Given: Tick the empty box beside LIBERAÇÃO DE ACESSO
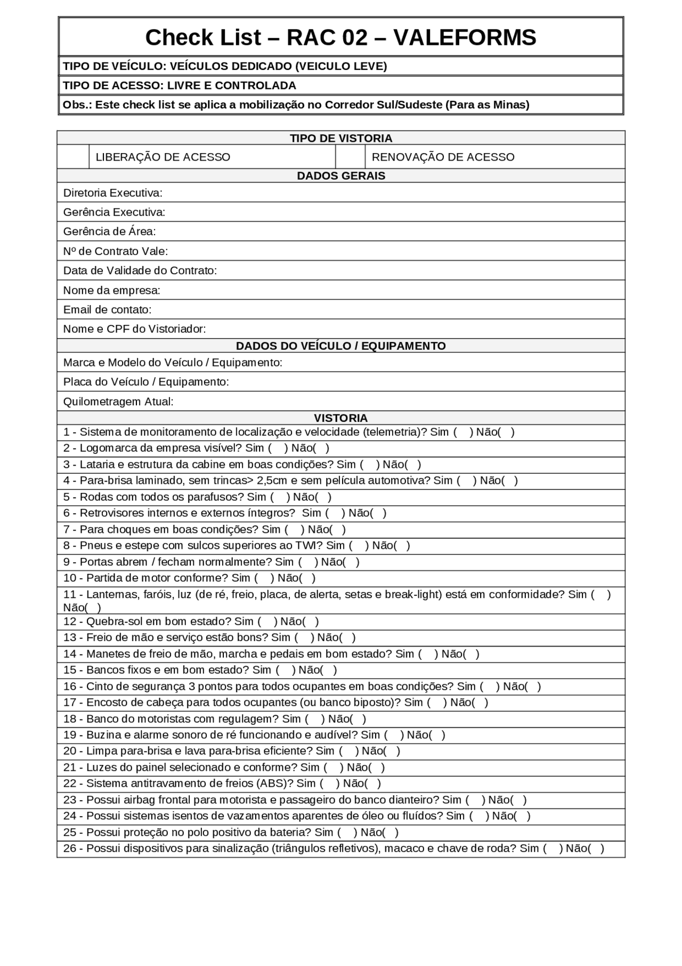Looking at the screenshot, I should pyautogui.click(x=73, y=157).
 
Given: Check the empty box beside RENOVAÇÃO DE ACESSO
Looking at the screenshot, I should pyautogui.click(x=350, y=157).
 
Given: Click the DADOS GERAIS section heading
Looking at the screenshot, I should pyautogui.click(x=341, y=175).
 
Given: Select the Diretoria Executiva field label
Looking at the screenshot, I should pyautogui.click(x=113, y=193).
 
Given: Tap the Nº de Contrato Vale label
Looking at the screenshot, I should pyautogui.click(x=116, y=251).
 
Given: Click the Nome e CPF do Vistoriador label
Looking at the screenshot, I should pyautogui.click(x=134, y=329).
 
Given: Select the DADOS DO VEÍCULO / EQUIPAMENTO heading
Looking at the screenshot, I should pyautogui.click(x=341, y=346).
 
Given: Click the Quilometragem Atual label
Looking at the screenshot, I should pyautogui.click(x=118, y=402).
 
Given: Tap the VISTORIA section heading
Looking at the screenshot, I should pyautogui.click(x=341, y=418).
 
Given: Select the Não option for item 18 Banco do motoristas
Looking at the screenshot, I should pyautogui.click(x=358, y=719).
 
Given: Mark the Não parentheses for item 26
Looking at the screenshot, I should pyautogui.click(x=596, y=849).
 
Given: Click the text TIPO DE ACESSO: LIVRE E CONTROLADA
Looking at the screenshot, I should pyautogui.click(x=180, y=85).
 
